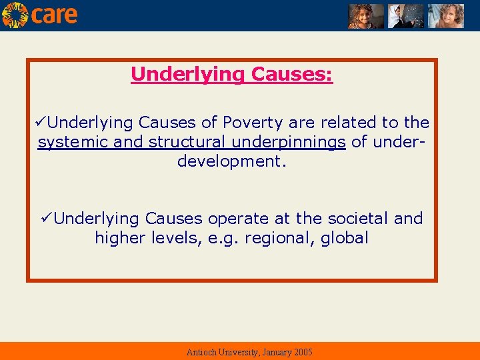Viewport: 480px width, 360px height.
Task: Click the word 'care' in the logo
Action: pyautogui.click(x=54, y=15)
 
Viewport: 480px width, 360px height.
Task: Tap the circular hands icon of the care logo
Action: pyautogui.click(x=15, y=15)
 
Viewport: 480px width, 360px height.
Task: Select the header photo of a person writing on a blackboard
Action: pyautogui.click(x=406, y=15)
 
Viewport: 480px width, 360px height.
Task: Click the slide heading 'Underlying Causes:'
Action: pyautogui.click(x=232, y=74)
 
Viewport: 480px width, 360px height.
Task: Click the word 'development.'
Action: pyautogui.click(x=232, y=161)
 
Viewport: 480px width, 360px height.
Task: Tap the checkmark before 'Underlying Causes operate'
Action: pyautogui.click(x=47, y=219)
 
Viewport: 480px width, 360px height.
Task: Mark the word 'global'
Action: pyautogui.click(x=344, y=238)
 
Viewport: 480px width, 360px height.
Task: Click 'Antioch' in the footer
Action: pyautogui.click(x=201, y=352)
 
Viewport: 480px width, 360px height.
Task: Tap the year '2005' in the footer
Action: pyautogui.click(x=301, y=352)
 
